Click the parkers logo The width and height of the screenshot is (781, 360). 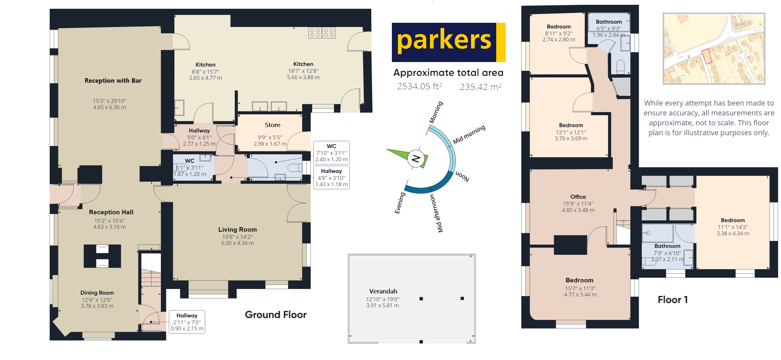point(448,42)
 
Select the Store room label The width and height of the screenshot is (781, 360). point(272,125)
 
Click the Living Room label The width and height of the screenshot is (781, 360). point(237,230)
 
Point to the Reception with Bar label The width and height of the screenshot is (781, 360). point(113,81)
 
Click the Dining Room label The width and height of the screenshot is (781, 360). point(97,293)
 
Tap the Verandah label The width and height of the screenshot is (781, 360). point(383,291)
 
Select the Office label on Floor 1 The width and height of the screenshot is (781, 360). point(578,197)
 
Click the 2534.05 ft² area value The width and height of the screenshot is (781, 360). point(419,87)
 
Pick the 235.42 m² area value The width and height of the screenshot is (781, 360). point(480,87)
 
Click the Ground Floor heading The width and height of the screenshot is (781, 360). point(276,315)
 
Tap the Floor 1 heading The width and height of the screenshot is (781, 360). point(673,300)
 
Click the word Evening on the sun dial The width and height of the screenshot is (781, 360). point(399,203)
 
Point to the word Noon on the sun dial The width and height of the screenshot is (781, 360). point(462,176)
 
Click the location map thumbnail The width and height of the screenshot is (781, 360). point(714,49)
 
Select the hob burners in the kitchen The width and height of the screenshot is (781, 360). point(322,33)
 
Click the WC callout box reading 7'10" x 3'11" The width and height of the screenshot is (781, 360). point(331,153)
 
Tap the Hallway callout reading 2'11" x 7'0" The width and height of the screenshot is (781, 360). point(187,322)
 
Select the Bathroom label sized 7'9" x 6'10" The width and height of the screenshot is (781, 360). point(667,246)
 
